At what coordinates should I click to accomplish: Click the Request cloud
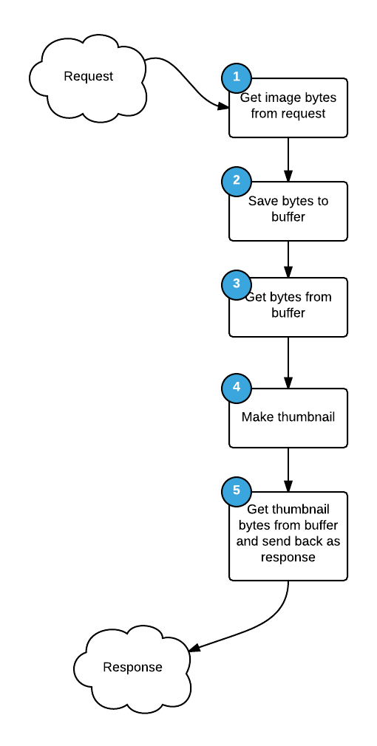(x=88, y=77)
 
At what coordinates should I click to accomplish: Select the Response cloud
(x=132, y=668)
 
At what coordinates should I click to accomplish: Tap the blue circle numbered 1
(x=237, y=77)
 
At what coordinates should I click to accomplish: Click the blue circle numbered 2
(x=237, y=180)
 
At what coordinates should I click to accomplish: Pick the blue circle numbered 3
(x=237, y=284)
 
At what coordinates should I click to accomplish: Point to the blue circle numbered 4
(x=237, y=387)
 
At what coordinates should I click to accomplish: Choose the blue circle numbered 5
(x=237, y=490)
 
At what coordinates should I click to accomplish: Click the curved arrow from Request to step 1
(x=185, y=81)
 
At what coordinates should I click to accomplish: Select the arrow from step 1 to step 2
(x=288, y=159)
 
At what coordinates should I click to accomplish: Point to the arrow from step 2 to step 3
(x=288, y=259)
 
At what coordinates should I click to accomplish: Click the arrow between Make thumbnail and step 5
(x=288, y=469)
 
